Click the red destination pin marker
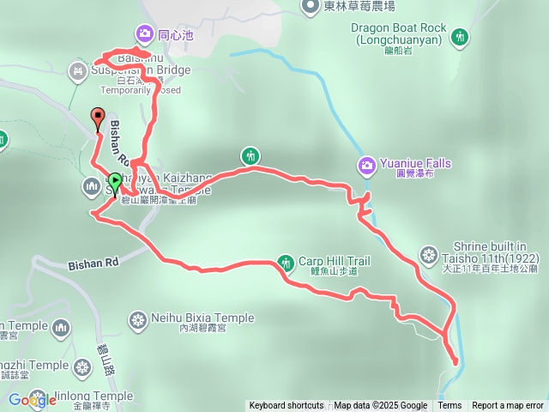point(97,118)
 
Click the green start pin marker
point(114,182)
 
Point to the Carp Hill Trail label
point(334,261)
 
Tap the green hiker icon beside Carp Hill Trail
point(286,261)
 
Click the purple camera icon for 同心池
point(143,34)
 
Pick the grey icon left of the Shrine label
point(429,254)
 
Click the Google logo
point(33,399)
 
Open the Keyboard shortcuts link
point(286,406)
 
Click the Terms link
point(449,406)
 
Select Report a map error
point(508,406)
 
